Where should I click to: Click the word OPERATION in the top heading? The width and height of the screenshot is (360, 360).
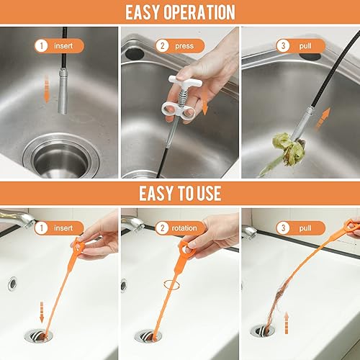click(x=199, y=12)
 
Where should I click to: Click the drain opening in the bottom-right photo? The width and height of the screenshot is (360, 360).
click(x=264, y=332)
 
